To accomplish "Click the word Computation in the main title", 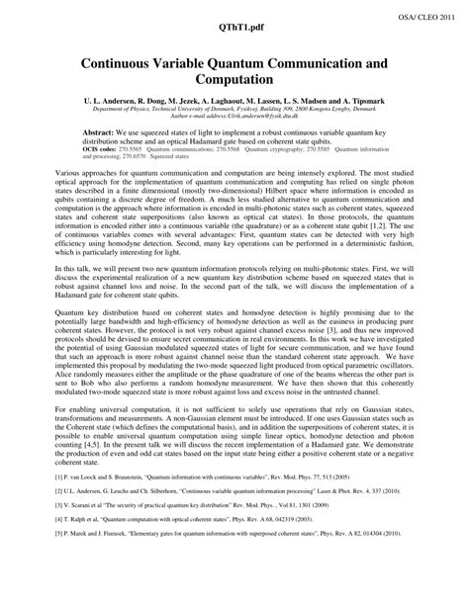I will point(234,78).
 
